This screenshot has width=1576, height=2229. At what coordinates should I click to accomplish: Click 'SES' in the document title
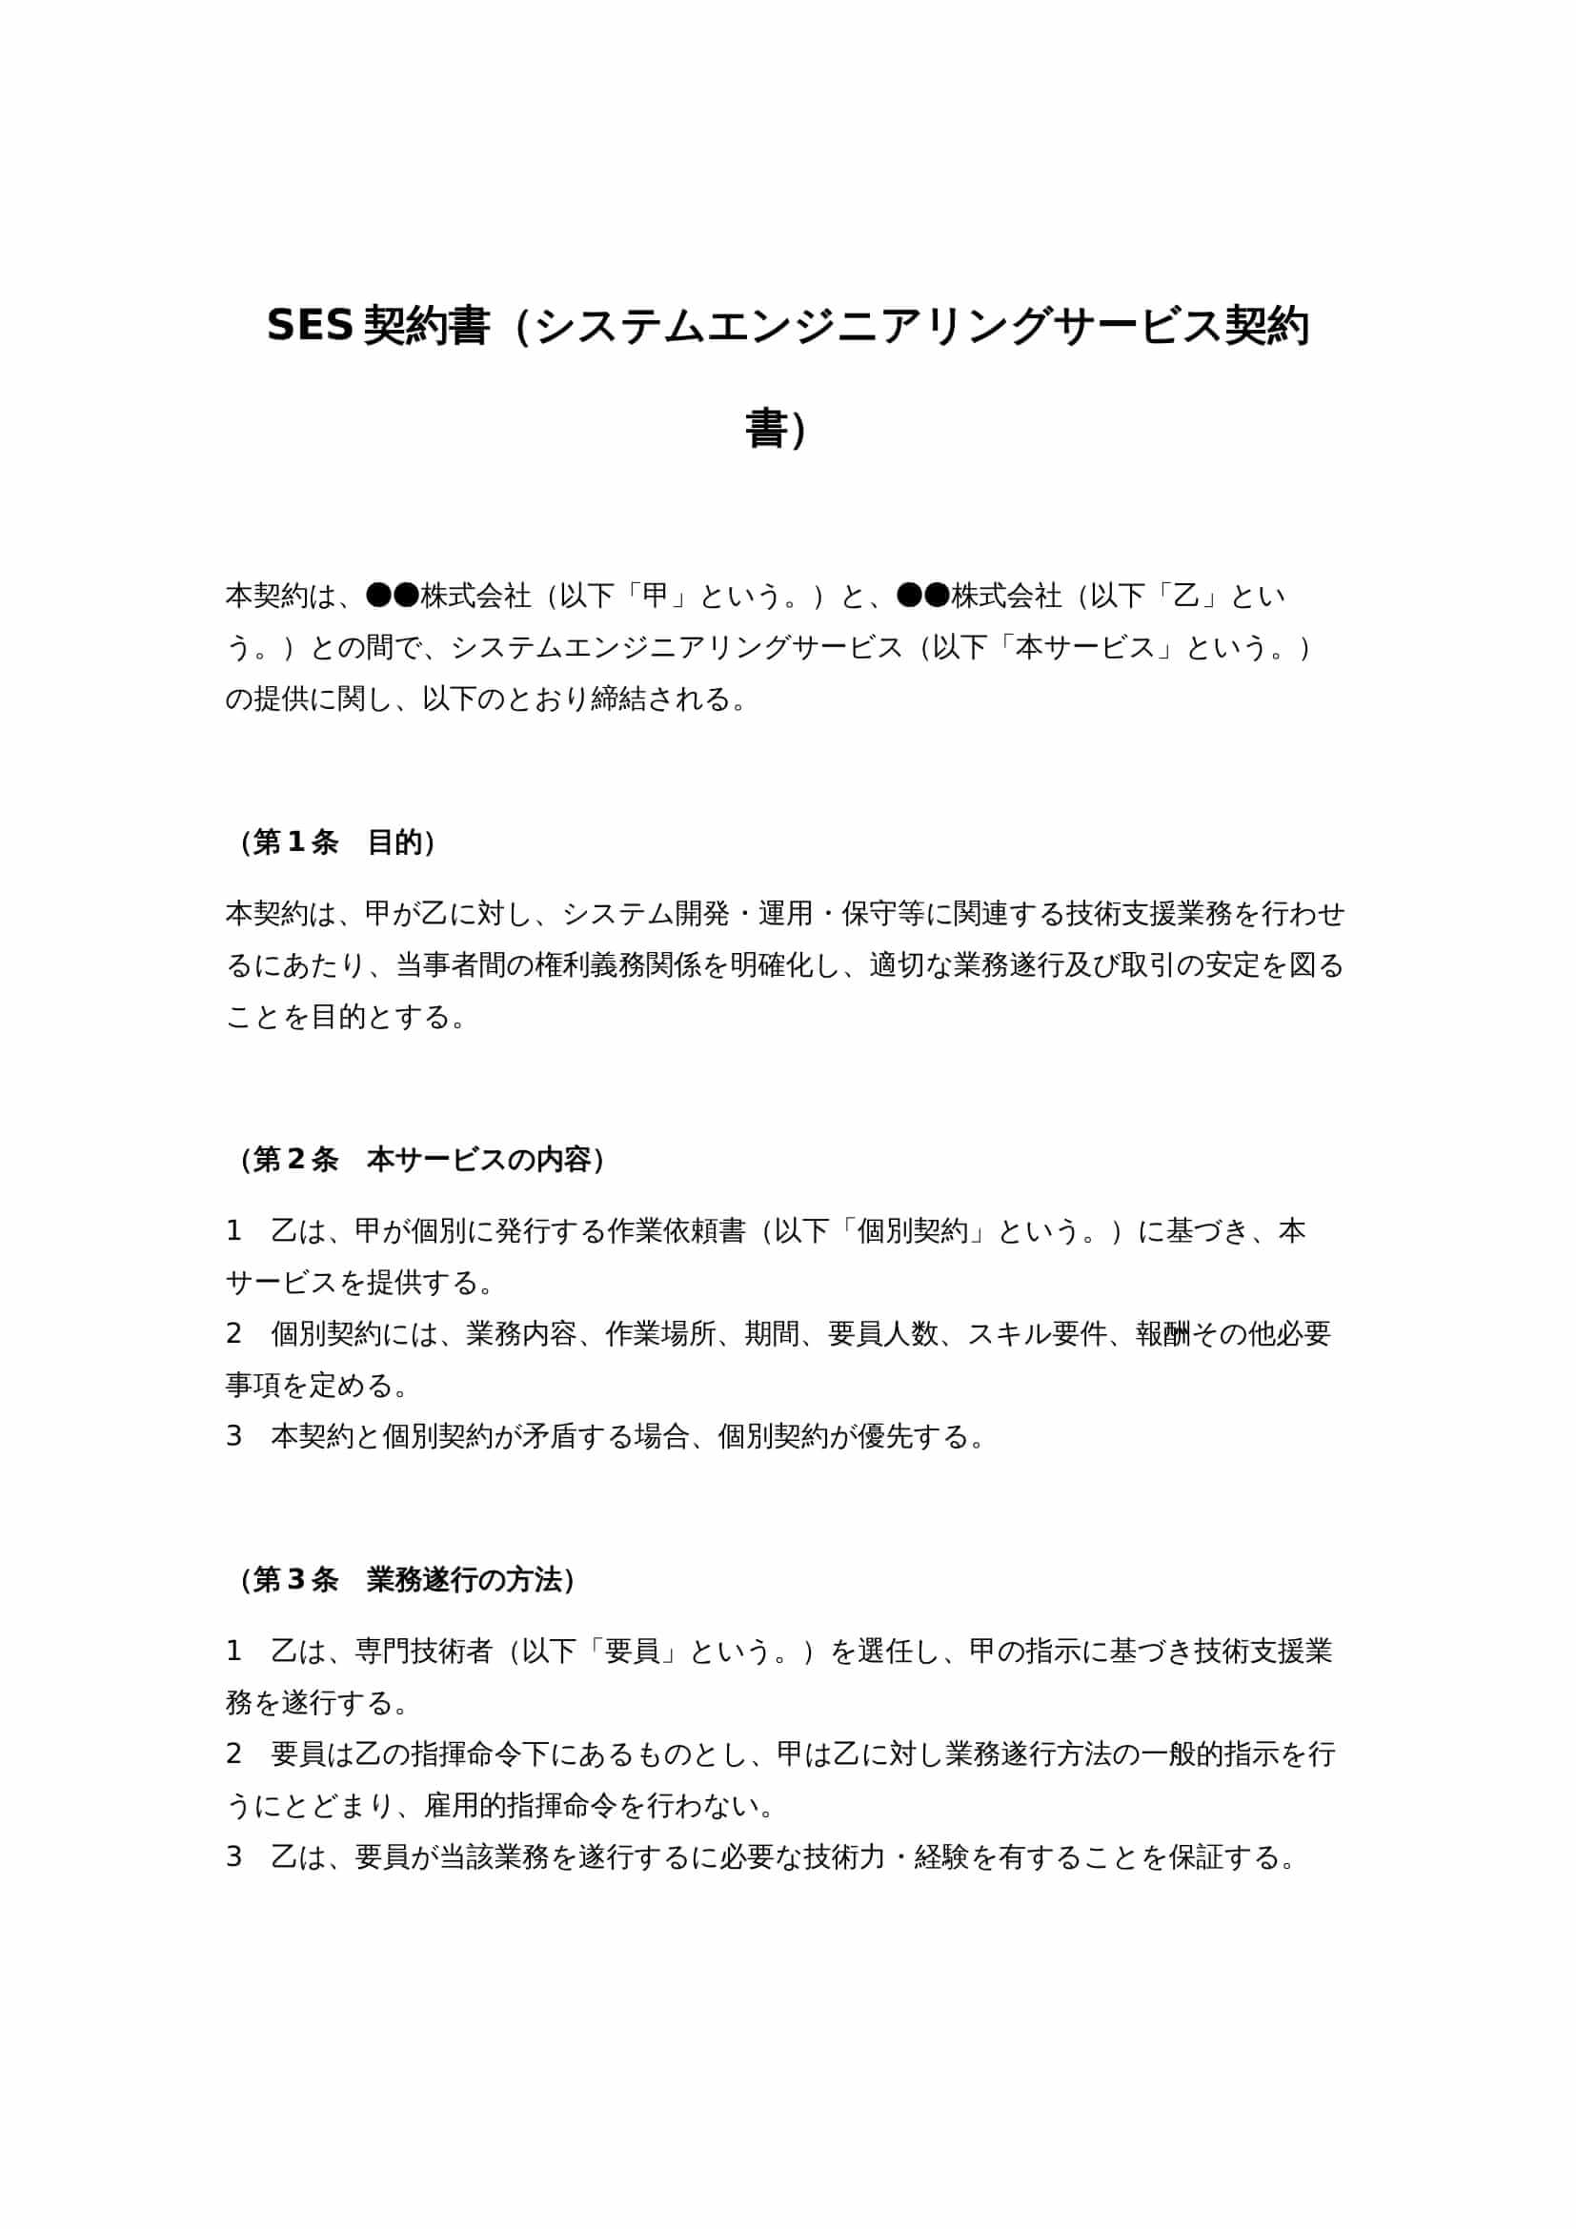(309, 326)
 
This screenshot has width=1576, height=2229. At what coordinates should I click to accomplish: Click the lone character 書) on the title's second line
(776, 430)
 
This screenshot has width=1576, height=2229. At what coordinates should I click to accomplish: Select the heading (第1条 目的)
(336, 842)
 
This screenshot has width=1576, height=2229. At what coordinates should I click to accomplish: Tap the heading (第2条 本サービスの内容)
(422, 1159)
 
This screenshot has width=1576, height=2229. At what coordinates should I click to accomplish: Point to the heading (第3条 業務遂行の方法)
(407, 1580)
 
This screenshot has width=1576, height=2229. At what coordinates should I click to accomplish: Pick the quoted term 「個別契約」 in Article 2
(913, 1231)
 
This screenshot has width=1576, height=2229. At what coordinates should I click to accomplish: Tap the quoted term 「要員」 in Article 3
(632, 1651)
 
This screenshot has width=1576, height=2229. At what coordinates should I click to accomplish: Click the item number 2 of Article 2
(233, 1334)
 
